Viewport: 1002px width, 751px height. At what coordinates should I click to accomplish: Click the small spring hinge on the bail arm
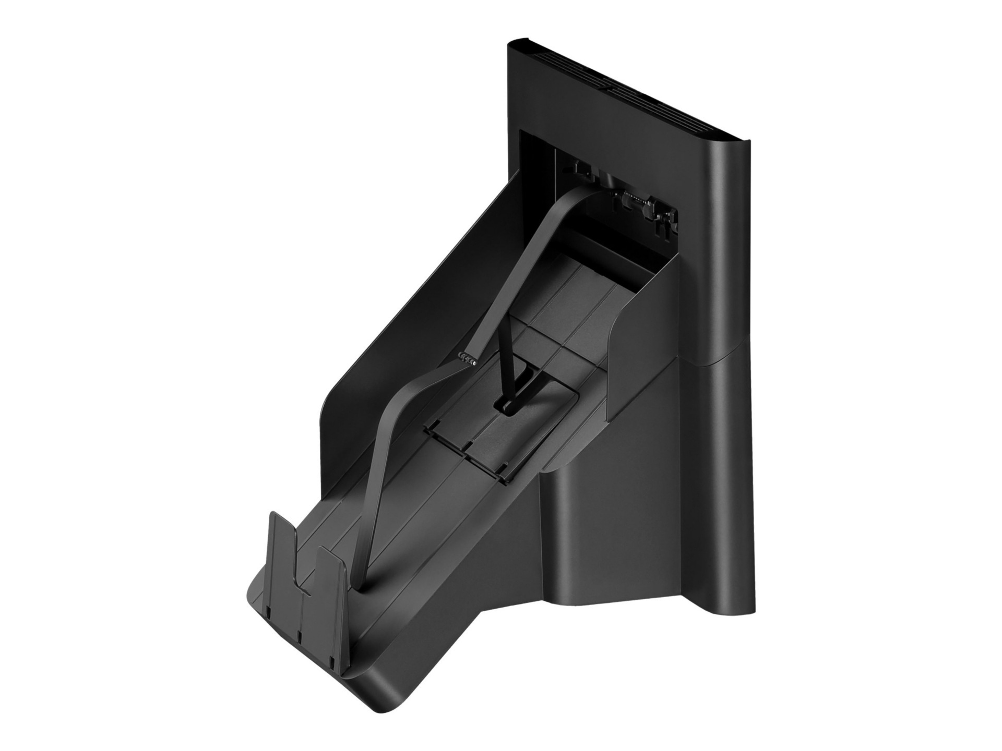(467, 358)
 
